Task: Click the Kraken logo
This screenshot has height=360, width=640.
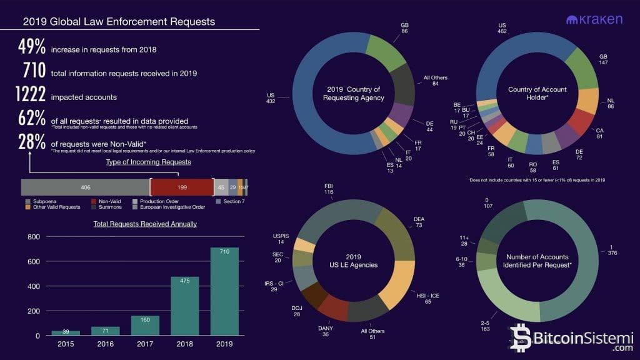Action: pyautogui.click(x=594, y=20)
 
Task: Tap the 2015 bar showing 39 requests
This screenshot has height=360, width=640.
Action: pyautogui.click(x=66, y=332)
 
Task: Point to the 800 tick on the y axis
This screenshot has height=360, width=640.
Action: pyautogui.click(x=33, y=237)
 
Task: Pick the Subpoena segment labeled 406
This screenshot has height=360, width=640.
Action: pyautogui.click(x=86, y=187)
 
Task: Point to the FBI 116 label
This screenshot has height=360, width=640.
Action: pyautogui.click(x=329, y=190)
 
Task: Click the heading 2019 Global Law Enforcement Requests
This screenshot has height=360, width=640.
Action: pyautogui.click(x=119, y=22)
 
